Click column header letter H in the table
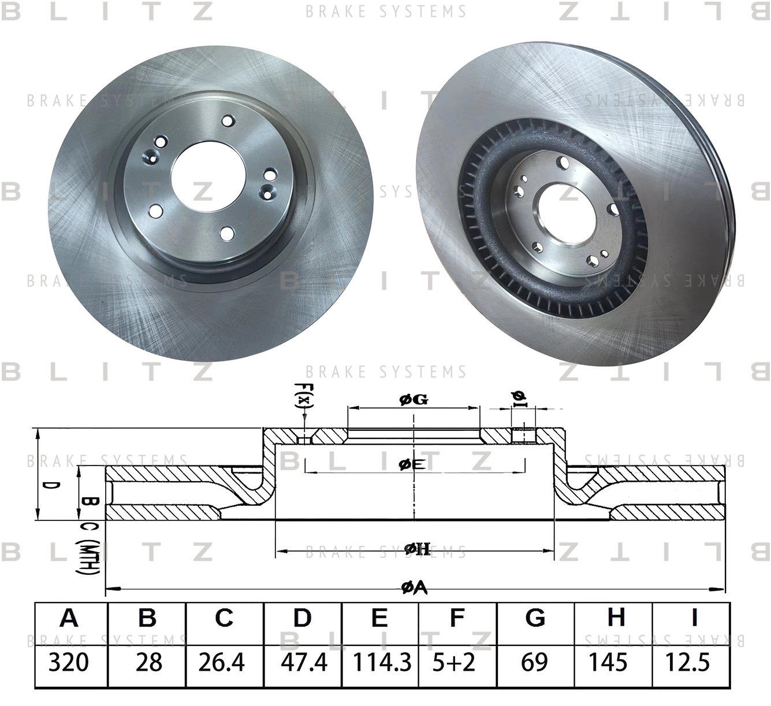click(x=616, y=619)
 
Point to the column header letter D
click(x=302, y=619)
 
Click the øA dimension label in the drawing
click(x=414, y=588)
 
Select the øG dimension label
click(x=414, y=399)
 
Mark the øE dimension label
click(x=412, y=463)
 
